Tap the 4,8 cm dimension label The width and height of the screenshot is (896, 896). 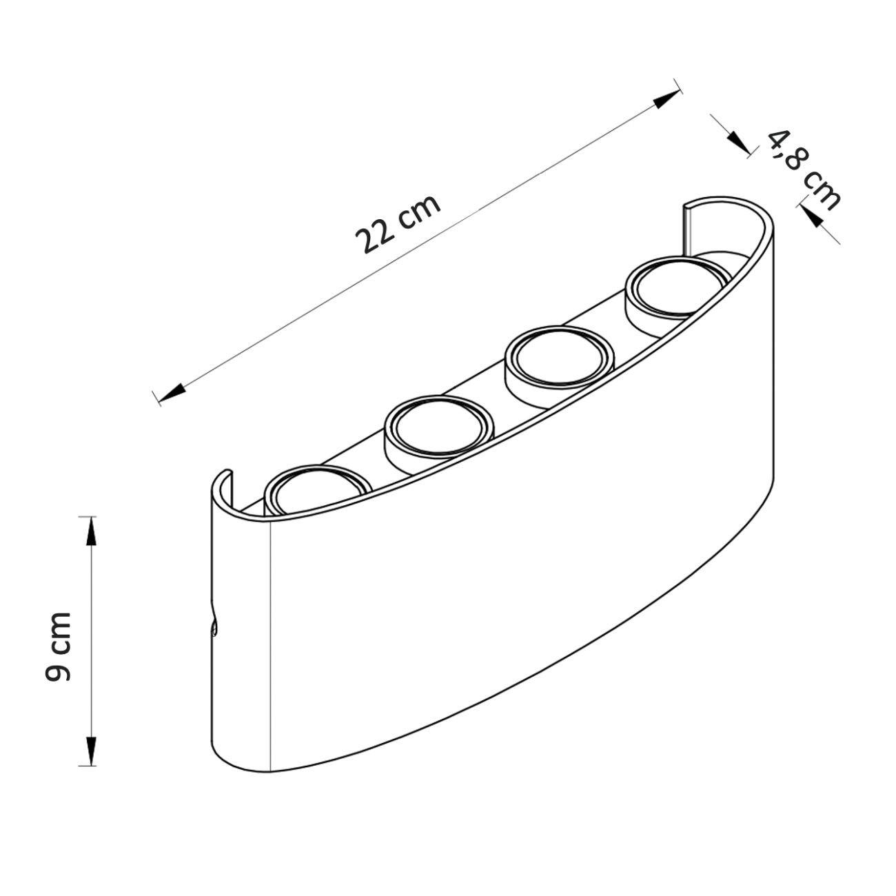(x=803, y=170)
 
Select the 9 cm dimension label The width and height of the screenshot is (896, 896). (x=59, y=646)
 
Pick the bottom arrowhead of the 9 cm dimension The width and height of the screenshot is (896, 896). (x=92, y=751)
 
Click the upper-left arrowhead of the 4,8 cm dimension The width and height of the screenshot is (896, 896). (x=738, y=142)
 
